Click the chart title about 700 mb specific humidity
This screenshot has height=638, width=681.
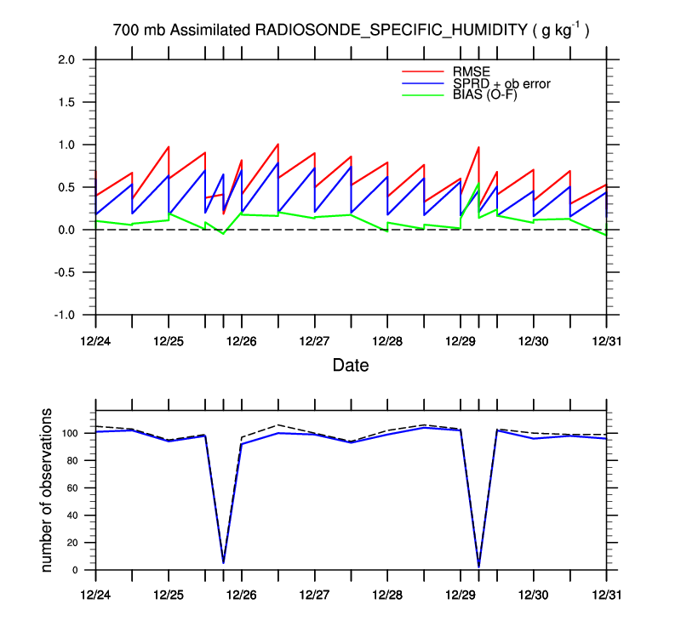[351, 31]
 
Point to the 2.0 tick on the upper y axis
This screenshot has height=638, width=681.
[68, 60]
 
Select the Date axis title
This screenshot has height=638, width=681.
[351, 366]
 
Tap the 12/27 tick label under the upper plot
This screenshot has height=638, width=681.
[314, 340]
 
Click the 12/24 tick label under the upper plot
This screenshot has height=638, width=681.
[95, 340]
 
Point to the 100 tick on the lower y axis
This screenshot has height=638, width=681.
[70, 433]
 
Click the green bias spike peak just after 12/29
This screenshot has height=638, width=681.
[478, 184]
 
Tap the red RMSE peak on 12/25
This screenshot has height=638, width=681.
[169, 146]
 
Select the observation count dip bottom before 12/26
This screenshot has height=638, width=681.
[224, 562]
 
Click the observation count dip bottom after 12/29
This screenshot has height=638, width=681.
[478, 566]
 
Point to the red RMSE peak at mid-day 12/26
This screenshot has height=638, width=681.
[278, 144]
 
